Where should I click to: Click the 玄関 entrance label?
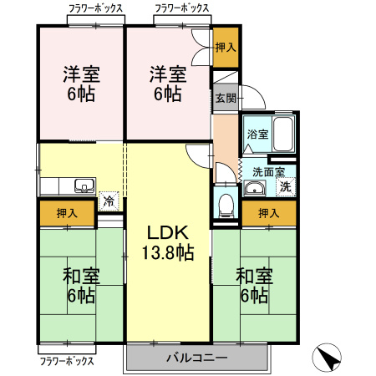point(225,98)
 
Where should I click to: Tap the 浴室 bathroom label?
point(257,134)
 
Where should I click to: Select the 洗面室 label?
point(267,172)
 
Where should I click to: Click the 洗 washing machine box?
point(286,187)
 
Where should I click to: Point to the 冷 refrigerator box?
point(108,201)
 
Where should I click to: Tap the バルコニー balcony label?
point(197,357)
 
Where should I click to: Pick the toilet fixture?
point(223,204)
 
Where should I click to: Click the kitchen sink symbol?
point(84,185)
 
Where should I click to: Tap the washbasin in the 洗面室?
point(252,188)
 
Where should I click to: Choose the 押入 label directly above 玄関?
point(225,47)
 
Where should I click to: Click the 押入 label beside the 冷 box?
point(67,213)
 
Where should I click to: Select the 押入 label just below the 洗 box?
point(268,214)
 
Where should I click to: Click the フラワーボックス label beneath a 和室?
point(67,362)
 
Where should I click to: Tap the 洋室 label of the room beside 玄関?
point(167,73)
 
